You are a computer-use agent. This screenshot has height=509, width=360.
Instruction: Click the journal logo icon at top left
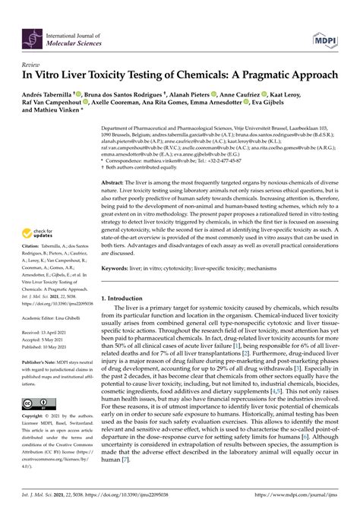(x=32, y=34)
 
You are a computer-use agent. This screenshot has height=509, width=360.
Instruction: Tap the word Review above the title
(x=32, y=65)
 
